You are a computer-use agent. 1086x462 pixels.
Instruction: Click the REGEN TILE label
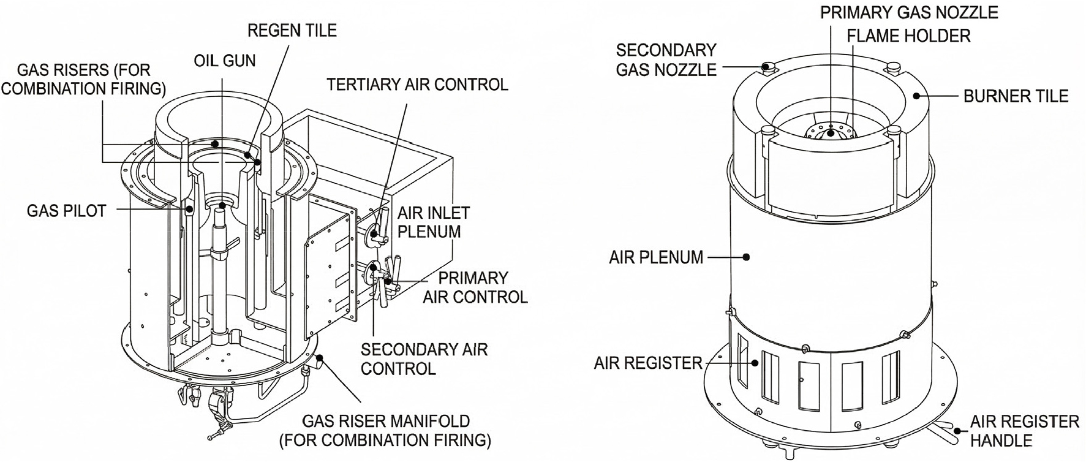[x=292, y=30]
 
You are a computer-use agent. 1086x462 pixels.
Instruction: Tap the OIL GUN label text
[x=225, y=61]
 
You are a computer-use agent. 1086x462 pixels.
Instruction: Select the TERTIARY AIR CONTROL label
[x=418, y=84]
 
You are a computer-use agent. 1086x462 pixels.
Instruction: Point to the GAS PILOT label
[x=67, y=211]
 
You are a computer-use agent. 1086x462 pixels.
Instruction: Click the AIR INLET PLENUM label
[x=434, y=222]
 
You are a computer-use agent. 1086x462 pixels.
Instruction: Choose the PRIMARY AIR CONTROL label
[x=475, y=287]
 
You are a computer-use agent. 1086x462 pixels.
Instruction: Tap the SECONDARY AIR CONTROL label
[x=424, y=359]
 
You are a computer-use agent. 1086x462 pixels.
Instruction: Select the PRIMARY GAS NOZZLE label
[x=910, y=12]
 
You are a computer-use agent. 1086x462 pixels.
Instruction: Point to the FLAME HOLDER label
[x=909, y=36]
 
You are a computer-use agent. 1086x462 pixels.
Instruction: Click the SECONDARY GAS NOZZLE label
[x=666, y=59]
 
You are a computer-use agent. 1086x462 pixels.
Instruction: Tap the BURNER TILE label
[x=1016, y=96]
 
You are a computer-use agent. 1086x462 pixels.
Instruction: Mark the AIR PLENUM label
[x=656, y=257]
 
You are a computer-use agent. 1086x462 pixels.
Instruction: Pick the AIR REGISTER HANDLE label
[x=1025, y=431]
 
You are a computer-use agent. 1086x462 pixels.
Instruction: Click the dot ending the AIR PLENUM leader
[x=746, y=257]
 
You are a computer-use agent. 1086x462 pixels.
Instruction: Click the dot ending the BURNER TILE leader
[x=916, y=96]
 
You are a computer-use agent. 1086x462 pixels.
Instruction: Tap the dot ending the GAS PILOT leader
[x=189, y=210]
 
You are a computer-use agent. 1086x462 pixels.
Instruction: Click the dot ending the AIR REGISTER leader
[x=756, y=363]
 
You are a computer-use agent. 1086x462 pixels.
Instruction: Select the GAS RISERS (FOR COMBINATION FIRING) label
[x=83, y=80]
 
